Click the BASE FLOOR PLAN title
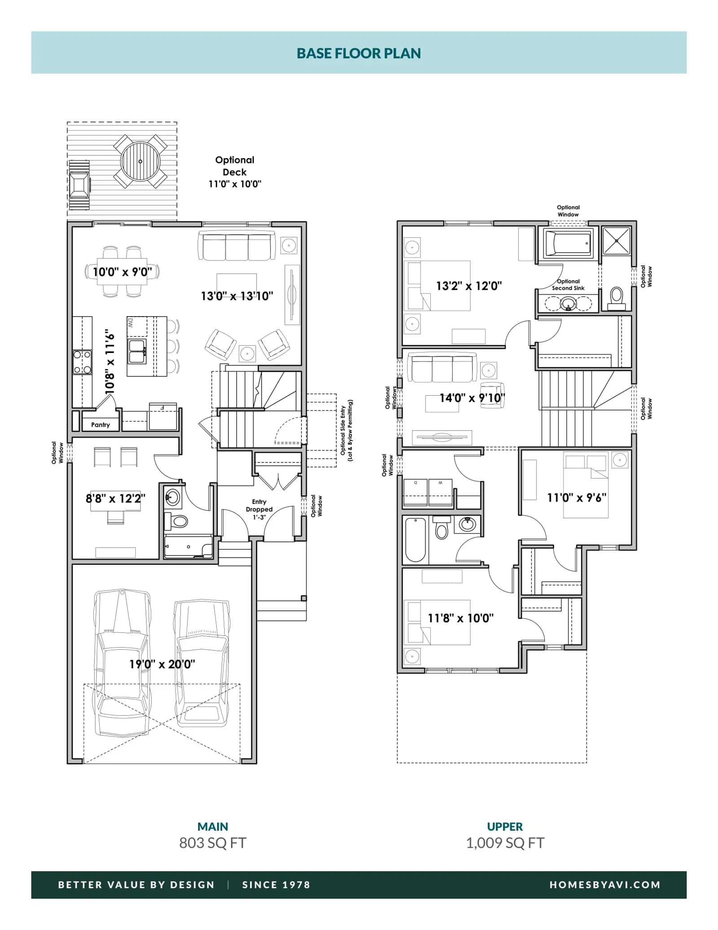tap(359, 53)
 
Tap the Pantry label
tap(101, 425)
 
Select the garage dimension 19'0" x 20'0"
tap(162, 664)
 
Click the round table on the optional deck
tap(140, 161)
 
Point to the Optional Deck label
tap(235, 166)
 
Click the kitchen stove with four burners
tap(82, 362)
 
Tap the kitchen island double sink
tap(137, 352)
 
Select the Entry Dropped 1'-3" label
tap(259, 509)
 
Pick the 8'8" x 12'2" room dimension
tap(115, 498)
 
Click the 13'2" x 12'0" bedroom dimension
tap(469, 286)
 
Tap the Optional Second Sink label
tap(568, 285)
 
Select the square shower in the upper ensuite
tap(617, 241)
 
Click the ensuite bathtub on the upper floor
tap(568, 243)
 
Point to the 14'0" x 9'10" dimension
tap(472, 398)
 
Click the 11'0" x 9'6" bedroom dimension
tap(577, 498)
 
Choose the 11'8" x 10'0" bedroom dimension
tap(460, 618)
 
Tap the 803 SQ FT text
tap(213, 843)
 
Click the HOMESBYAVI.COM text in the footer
tap(605, 885)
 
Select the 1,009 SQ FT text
tap(505, 843)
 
